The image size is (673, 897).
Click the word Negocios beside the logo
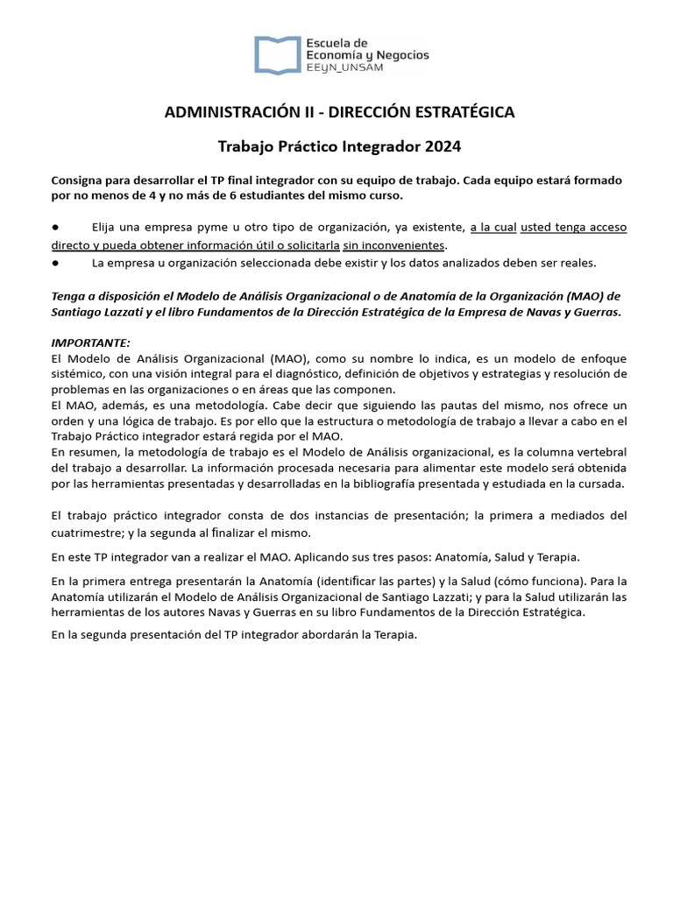tap(399, 54)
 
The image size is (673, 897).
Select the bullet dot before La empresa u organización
tap(55, 262)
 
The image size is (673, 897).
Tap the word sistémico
tap(78, 374)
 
